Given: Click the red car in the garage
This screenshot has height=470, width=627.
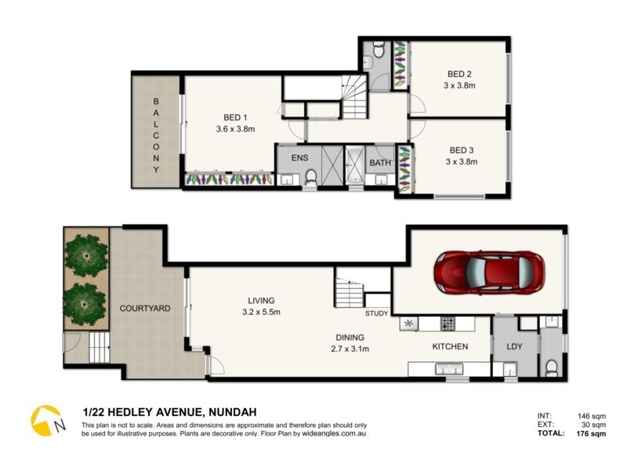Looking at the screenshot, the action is [491, 273].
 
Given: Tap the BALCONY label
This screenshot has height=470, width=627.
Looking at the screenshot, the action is [156, 136].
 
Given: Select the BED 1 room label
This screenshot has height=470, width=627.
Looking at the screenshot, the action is [235, 117].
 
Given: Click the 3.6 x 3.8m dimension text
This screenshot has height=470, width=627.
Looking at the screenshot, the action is [236, 129].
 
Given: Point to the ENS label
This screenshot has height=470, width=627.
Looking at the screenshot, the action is [299, 158].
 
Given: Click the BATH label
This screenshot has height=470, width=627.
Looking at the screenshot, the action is [380, 163].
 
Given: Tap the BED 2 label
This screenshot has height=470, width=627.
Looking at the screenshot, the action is [459, 74].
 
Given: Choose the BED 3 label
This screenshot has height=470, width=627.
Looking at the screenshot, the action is [462, 150].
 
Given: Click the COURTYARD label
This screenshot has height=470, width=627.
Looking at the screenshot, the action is [145, 309].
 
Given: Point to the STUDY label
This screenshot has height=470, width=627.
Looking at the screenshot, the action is [377, 314].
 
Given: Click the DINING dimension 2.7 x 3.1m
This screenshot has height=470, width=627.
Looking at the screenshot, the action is [350, 349].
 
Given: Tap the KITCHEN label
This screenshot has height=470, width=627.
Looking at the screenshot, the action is [450, 346].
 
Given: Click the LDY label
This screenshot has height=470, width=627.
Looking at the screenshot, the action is [514, 346].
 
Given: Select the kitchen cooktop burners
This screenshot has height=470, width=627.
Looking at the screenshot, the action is [448, 324].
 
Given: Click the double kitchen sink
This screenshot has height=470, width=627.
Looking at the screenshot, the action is [449, 369].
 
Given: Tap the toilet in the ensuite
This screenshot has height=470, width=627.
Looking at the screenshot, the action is [310, 178].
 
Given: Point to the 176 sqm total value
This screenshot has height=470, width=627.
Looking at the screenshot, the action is [591, 434].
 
